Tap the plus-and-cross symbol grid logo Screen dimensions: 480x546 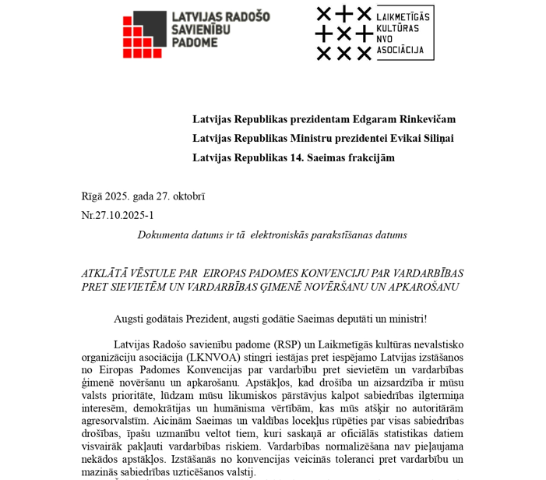343,34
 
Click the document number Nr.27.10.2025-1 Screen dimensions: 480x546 118,215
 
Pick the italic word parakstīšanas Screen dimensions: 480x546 343,235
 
